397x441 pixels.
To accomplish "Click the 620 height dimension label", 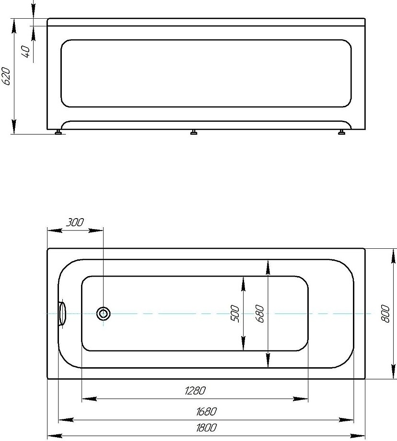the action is [6, 76].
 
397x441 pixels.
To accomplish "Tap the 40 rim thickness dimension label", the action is [26, 51].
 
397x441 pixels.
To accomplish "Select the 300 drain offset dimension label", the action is [75, 222].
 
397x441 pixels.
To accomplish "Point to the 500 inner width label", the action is [235, 313].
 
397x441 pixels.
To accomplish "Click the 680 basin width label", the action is [260, 313].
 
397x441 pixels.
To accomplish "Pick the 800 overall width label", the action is [385, 313].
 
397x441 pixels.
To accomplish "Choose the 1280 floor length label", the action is [195, 390].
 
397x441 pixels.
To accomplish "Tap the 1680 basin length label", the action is [206, 411].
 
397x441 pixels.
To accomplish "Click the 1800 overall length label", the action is [206, 428].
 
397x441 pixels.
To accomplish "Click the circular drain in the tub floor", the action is [103, 313].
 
